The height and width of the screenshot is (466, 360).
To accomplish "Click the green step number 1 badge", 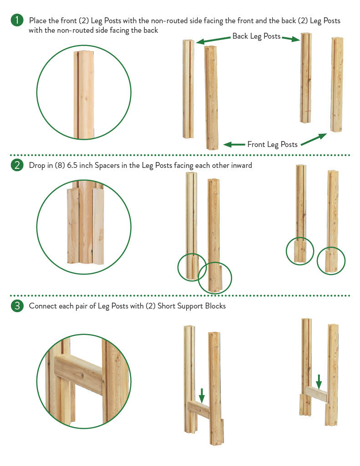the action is click(x=17, y=20).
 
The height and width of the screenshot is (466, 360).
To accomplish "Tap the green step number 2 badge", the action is click(x=17, y=165).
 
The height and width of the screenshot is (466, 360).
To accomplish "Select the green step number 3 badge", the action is click(x=17, y=305).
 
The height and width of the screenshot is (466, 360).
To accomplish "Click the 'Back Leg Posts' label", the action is click(x=256, y=36).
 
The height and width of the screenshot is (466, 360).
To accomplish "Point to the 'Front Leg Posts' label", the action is click(x=272, y=144).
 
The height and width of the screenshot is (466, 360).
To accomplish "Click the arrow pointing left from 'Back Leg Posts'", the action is click(x=213, y=40).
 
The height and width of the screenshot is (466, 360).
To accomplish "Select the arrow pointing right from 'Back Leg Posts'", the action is click(x=291, y=38).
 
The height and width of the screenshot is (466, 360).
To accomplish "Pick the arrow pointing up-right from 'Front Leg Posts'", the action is click(x=314, y=139).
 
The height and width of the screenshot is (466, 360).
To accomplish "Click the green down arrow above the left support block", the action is click(x=202, y=395).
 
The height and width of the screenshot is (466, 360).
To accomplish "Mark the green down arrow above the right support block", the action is click(x=319, y=382).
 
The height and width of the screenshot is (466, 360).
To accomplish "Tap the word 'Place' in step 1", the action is click(x=37, y=20).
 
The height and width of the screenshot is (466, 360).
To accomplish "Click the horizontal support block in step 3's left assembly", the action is click(x=199, y=409).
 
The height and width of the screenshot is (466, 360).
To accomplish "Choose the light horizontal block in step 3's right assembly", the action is click(x=316, y=394).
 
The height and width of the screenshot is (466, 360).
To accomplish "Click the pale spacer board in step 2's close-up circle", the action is click(x=98, y=226).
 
